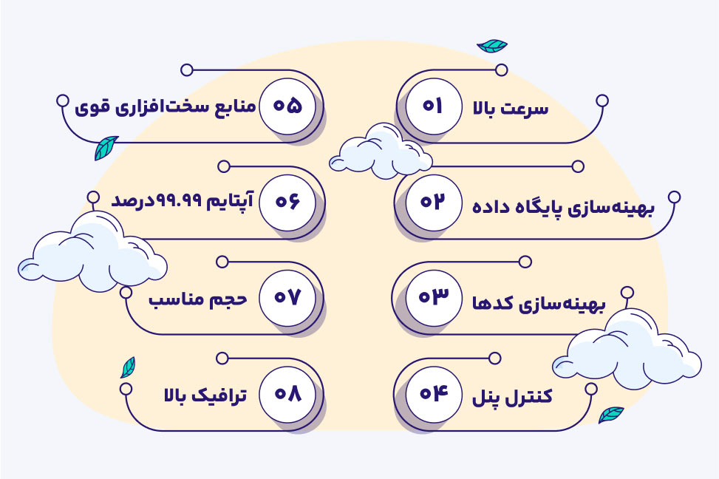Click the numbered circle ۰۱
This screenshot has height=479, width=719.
tap(433, 106)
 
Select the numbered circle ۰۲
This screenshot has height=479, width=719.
tap(433, 202)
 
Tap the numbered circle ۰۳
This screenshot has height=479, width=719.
tap(433, 298)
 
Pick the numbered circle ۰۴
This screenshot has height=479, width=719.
tap(433, 394)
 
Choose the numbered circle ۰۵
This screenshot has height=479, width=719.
tap(287, 106)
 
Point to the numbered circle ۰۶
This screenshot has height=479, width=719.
tap(287, 202)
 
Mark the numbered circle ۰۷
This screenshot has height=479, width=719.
tap(287, 298)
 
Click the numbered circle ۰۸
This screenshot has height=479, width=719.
tap(287, 394)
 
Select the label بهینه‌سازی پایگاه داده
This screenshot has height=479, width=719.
tap(564, 208)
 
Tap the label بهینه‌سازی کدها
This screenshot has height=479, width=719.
tap(539, 304)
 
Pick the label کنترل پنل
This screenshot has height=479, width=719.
tap(512, 397)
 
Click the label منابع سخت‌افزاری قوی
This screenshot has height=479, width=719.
tap(165, 107)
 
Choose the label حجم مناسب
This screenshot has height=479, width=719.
tap(198, 300)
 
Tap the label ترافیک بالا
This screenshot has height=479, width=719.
tap(205, 395)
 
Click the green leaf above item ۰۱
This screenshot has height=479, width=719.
tap(492, 45)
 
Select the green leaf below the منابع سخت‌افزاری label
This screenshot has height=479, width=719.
tap(106, 148)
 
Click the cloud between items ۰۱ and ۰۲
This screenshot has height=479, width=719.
tap(381, 152)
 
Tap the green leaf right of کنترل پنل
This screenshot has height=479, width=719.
tap(611, 414)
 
